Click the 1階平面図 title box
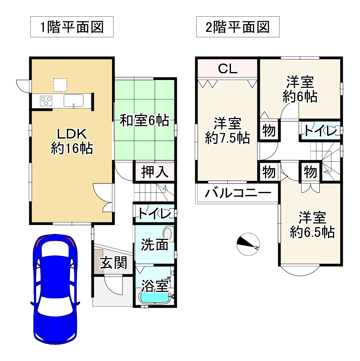click(72, 27)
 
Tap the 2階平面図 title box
click(238, 27)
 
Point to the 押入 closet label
click(155, 172)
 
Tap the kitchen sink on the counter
click(74, 101)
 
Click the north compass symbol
click(248, 244)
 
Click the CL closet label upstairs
click(227, 69)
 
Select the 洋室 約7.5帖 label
click(227, 131)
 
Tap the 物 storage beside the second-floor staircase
click(310, 172)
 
